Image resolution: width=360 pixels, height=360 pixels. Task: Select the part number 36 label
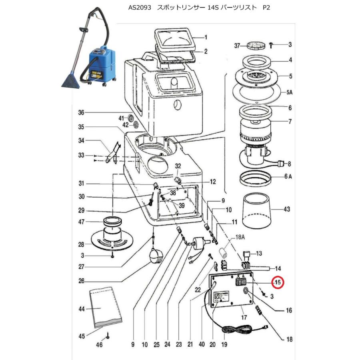pyautogui.click(x=82, y=113)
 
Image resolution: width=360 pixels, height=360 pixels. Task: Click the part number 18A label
pyautogui.click(x=240, y=238)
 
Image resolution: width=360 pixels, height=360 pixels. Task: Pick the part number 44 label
pyautogui.click(x=82, y=309)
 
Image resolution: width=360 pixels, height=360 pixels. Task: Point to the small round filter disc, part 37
pyautogui.click(x=252, y=44)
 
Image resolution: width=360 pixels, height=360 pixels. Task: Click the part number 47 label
pyautogui.click(x=82, y=222)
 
